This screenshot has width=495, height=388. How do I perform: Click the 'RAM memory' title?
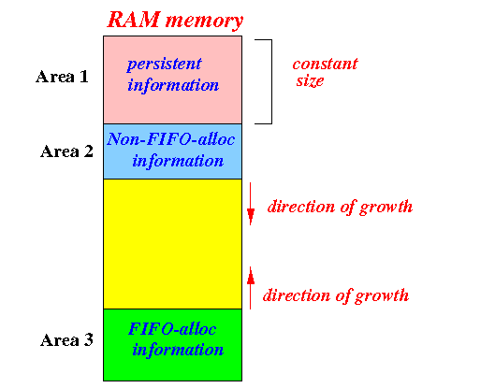click(176, 21)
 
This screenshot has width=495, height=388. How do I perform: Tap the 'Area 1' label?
click(62, 77)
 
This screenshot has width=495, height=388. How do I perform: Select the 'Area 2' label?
click(67, 151)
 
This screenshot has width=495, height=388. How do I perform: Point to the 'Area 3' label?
click(67, 340)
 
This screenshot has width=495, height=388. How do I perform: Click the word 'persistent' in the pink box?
click(164, 65)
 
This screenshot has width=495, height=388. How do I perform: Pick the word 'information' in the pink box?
click(173, 85)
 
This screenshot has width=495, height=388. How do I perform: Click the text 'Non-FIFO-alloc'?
click(171, 139)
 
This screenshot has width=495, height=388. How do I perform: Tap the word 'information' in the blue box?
click(178, 161)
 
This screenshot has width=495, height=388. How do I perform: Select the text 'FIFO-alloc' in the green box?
click(172, 329)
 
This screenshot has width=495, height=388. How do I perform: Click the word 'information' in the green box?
click(178, 350)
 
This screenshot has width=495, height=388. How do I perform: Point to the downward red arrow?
click(251, 204)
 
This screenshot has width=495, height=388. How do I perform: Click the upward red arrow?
click(251, 288)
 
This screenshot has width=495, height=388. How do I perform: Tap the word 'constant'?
click(325, 64)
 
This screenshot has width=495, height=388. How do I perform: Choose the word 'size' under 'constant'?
click(310, 81)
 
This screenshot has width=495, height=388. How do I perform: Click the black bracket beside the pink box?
click(271, 81)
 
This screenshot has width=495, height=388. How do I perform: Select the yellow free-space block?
click(173, 244)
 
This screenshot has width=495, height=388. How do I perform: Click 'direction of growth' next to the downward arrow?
click(340, 208)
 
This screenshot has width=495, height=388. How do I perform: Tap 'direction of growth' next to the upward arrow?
click(336, 295)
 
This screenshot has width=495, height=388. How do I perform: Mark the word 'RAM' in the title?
click(134, 20)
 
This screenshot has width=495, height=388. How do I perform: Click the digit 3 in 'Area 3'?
click(89, 340)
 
